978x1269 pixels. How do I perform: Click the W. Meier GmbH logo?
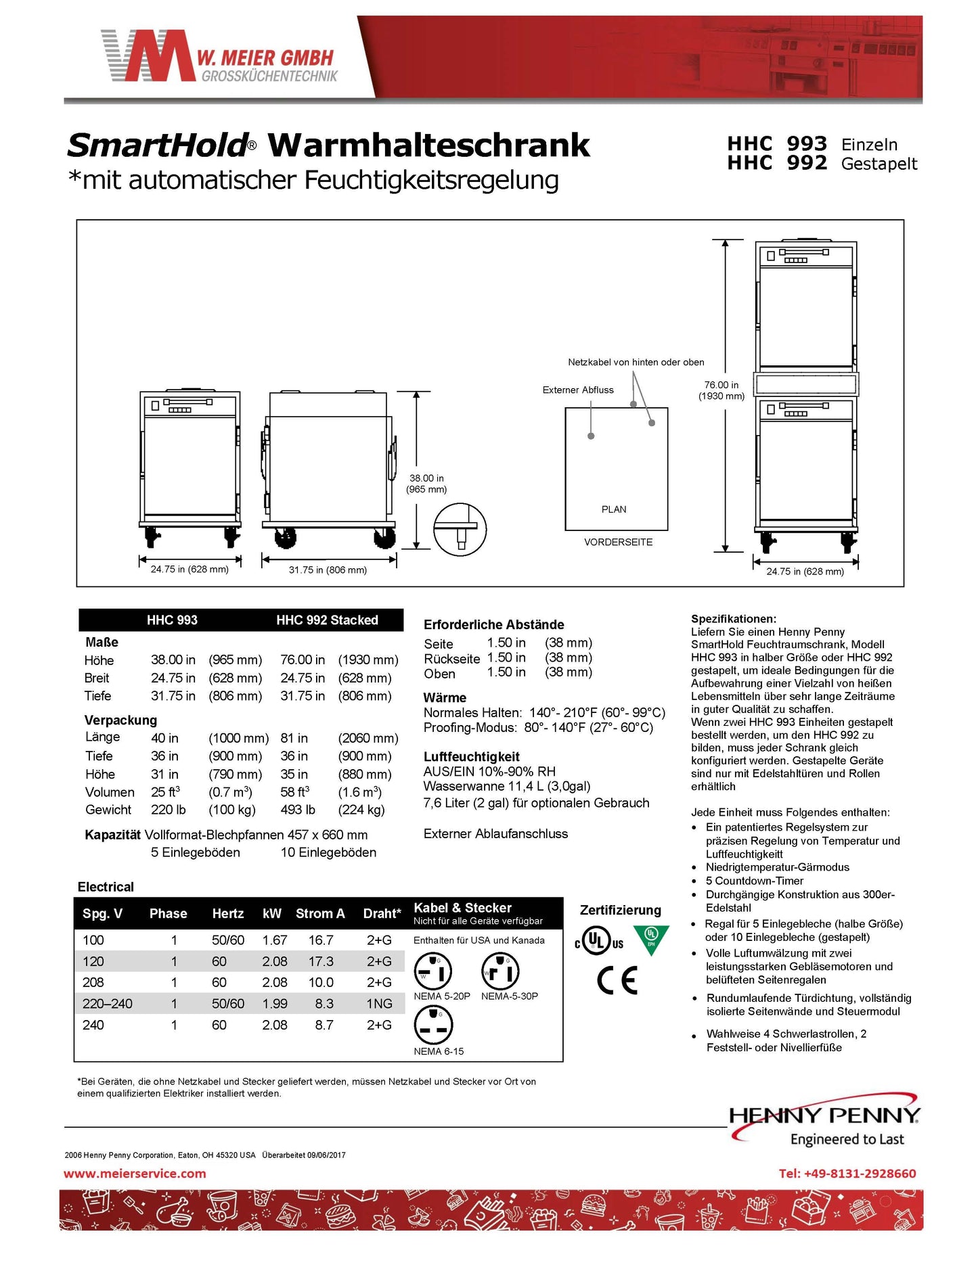click(x=219, y=57)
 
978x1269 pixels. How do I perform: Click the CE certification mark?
click(x=617, y=980)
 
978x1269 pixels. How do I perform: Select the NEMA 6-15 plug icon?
click(x=432, y=1025)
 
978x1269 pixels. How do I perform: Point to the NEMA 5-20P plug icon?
click(x=432, y=971)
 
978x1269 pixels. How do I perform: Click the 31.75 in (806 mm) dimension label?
click(x=328, y=570)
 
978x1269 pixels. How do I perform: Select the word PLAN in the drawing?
click(x=614, y=509)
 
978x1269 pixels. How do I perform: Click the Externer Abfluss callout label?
click(x=578, y=390)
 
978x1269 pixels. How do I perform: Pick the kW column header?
click(x=272, y=913)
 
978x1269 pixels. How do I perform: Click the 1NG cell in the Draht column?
click(x=379, y=1004)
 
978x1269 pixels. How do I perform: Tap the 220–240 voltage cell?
click(x=108, y=1004)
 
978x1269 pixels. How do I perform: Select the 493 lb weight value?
click(x=298, y=810)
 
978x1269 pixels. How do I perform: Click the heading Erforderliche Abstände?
click(x=493, y=624)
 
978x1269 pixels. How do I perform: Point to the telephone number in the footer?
click(x=847, y=1174)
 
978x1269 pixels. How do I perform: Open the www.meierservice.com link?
click(x=135, y=1174)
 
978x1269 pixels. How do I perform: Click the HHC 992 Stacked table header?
click(x=327, y=620)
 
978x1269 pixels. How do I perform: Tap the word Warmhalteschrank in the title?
click(x=429, y=145)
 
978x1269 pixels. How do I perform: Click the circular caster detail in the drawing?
click(x=460, y=529)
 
